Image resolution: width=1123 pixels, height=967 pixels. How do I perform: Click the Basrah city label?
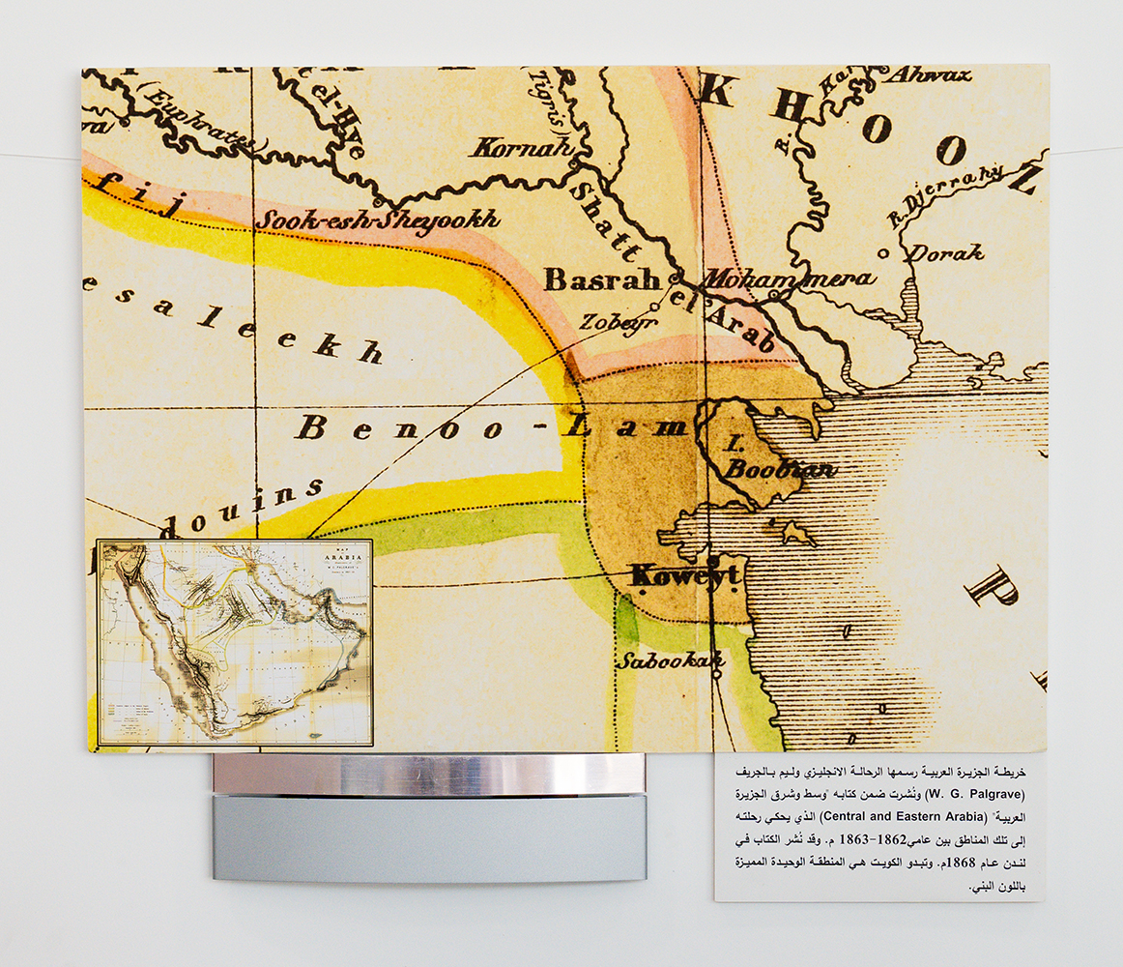point(603,281)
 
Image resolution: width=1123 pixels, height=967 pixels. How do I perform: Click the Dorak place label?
point(947,253)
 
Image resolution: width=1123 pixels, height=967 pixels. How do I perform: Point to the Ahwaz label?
point(928,74)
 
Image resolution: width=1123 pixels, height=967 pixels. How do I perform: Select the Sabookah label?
point(658,661)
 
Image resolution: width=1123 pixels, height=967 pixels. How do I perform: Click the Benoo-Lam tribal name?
point(491,427)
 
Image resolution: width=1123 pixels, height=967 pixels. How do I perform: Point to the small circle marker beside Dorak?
point(883,253)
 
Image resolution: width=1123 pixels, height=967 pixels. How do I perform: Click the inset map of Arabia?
point(235,642)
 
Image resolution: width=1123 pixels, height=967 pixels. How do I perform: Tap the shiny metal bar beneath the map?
point(428,775)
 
